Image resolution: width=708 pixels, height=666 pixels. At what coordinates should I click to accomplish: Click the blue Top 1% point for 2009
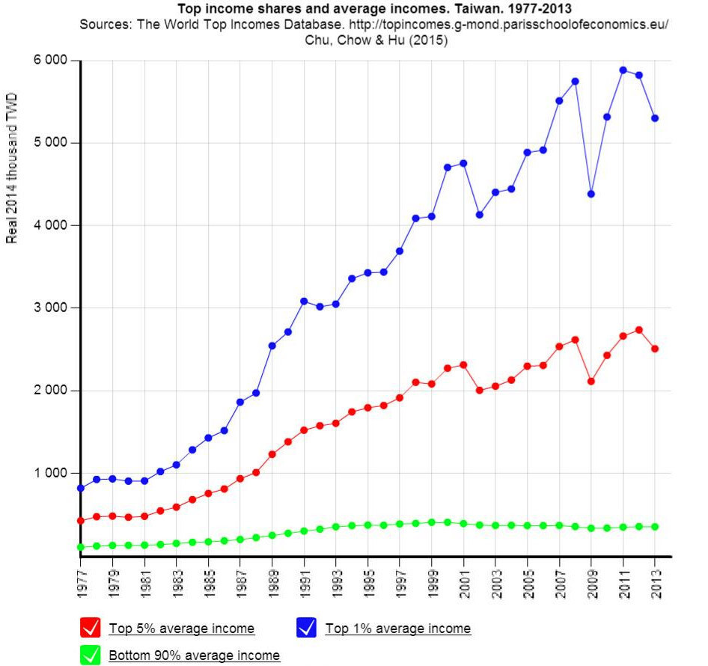click(590, 194)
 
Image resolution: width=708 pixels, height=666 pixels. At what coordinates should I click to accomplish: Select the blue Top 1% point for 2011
click(623, 70)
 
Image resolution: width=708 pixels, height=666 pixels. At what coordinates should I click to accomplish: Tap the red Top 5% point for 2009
click(590, 381)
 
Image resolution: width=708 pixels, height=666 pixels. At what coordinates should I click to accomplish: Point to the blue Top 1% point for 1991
click(304, 301)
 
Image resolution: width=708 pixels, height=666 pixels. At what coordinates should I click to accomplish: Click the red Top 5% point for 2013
click(655, 349)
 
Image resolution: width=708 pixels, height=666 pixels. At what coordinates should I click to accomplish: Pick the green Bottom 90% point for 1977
click(80, 547)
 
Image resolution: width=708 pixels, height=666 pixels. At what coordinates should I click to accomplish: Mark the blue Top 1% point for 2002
click(479, 215)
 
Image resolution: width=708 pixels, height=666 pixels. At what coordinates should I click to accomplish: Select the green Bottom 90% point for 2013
click(655, 527)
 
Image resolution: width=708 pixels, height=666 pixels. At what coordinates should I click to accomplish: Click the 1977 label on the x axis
click(81, 581)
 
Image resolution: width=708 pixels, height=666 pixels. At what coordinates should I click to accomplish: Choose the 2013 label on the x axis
click(655, 581)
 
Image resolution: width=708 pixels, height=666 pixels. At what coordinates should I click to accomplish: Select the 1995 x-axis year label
click(367, 581)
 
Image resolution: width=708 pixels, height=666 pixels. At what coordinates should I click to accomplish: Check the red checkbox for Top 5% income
click(90, 628)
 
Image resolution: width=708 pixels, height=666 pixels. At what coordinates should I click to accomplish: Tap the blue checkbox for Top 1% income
click(306, 628)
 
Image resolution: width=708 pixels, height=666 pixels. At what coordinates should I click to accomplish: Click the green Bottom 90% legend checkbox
click(90, 655)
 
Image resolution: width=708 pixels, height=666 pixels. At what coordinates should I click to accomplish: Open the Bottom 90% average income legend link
click(194, 656)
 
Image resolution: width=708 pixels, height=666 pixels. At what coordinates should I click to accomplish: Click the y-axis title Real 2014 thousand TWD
click(12, 168)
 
